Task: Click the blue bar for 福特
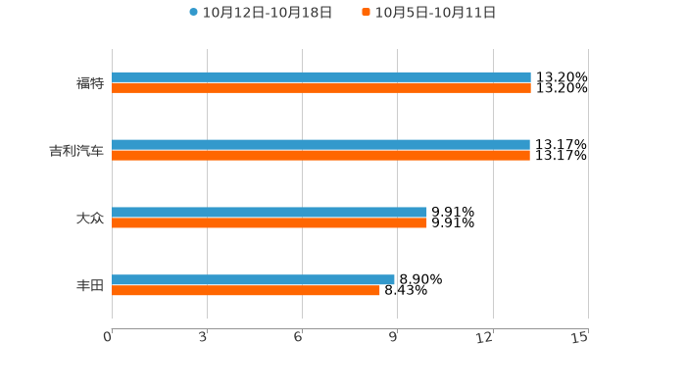[x=321, y=77]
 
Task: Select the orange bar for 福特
[x=321, y=88]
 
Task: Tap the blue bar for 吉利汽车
[x=320, y=145]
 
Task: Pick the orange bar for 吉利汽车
[x=320, y=156]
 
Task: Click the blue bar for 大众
[x=269, y=212]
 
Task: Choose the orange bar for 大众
[x=269, y=222]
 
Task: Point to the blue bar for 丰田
[x=253, y=279]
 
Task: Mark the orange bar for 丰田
[x=246, y=290]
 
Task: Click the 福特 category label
[x=90, y=83]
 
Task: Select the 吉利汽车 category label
[x=76, y=151]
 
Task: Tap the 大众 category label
[x=90, y=218]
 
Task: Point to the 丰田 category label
[x=90, y=285]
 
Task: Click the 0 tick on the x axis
[x=108, y=337]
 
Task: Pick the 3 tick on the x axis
[x=203, y=337]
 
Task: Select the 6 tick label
[x=298, y=337]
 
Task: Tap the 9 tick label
[x=393, y=337]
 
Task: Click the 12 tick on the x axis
[x=485, y=337]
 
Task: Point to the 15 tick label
[x=580, y=337]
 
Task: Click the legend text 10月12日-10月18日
[x=268, y=13]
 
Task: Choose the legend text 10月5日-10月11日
[x=435, y=13]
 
